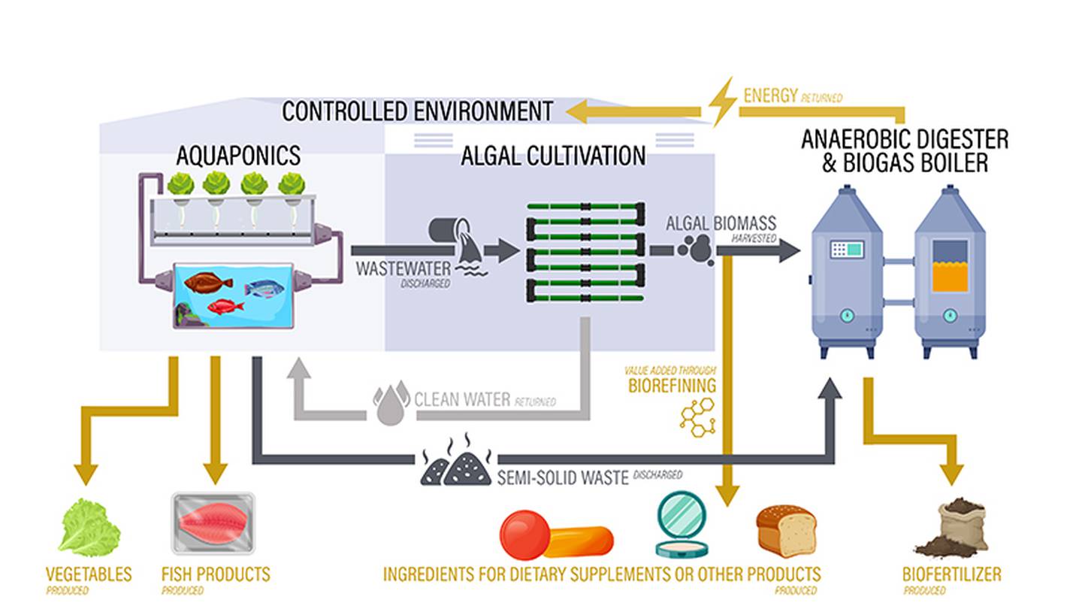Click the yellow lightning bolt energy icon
pos(723,102)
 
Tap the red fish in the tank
pos(225,307)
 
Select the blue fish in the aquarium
pos(264,289)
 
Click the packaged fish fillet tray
pos(213,523)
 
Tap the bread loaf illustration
pos(787,531)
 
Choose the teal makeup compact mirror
pos(682,525)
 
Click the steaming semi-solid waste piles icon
pos(456,460)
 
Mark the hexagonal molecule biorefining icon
pos(698,417)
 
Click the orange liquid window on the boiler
pos(950,277)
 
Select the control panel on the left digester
pos(847,249)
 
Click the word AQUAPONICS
pos(238,156)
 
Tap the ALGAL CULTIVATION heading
pos(553,156)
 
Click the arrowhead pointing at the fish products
pos(216,474)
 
